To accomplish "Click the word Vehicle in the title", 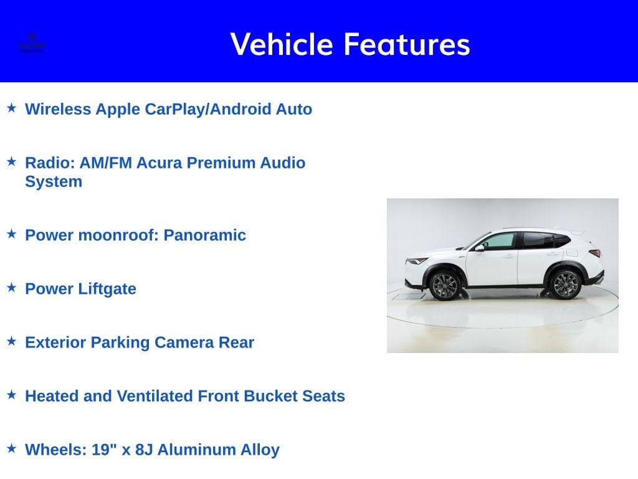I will (282, 44).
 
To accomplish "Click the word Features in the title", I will (406, 44).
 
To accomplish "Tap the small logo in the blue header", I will (32, 42).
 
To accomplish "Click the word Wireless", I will (59, 109).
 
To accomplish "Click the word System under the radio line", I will (54, 181).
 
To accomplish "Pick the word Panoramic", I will (204, 235).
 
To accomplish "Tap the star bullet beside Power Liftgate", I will (11, 288).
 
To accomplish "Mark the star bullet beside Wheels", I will (11, 448).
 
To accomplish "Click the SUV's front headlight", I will (416, 261).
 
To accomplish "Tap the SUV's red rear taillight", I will (595, 253).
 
